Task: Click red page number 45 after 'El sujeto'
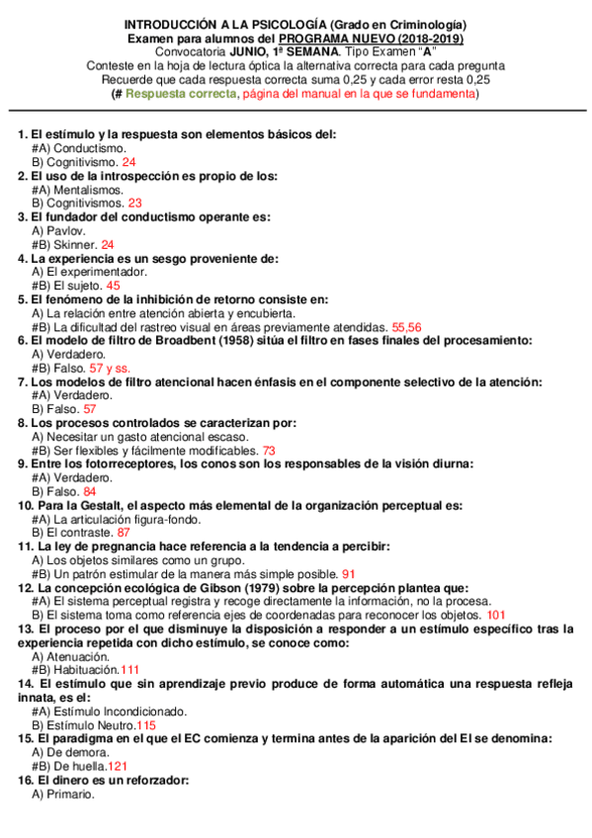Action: [113, 285]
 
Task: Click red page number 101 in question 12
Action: [497, 614]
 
